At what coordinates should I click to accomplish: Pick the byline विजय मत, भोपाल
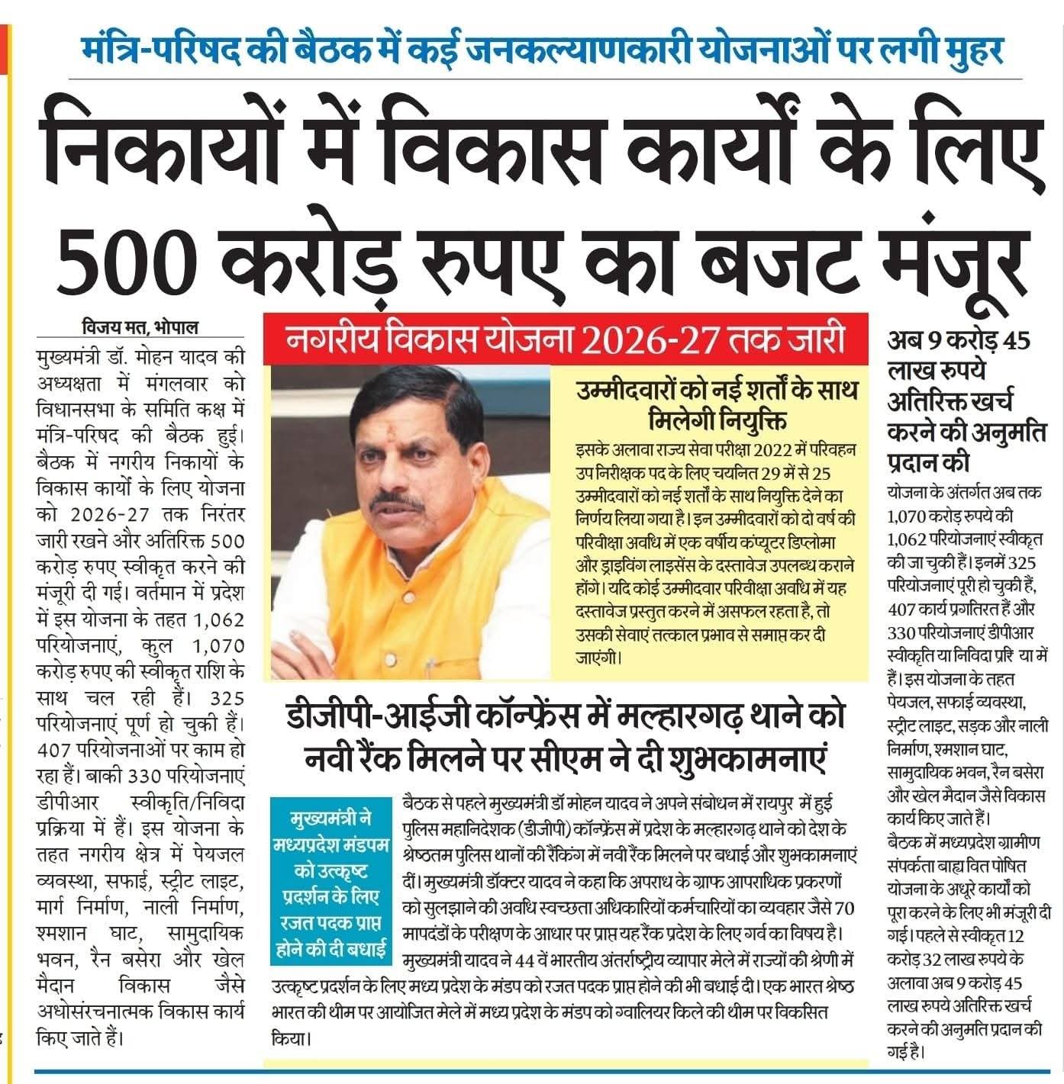140,329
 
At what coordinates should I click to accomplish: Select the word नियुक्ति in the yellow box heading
753,421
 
